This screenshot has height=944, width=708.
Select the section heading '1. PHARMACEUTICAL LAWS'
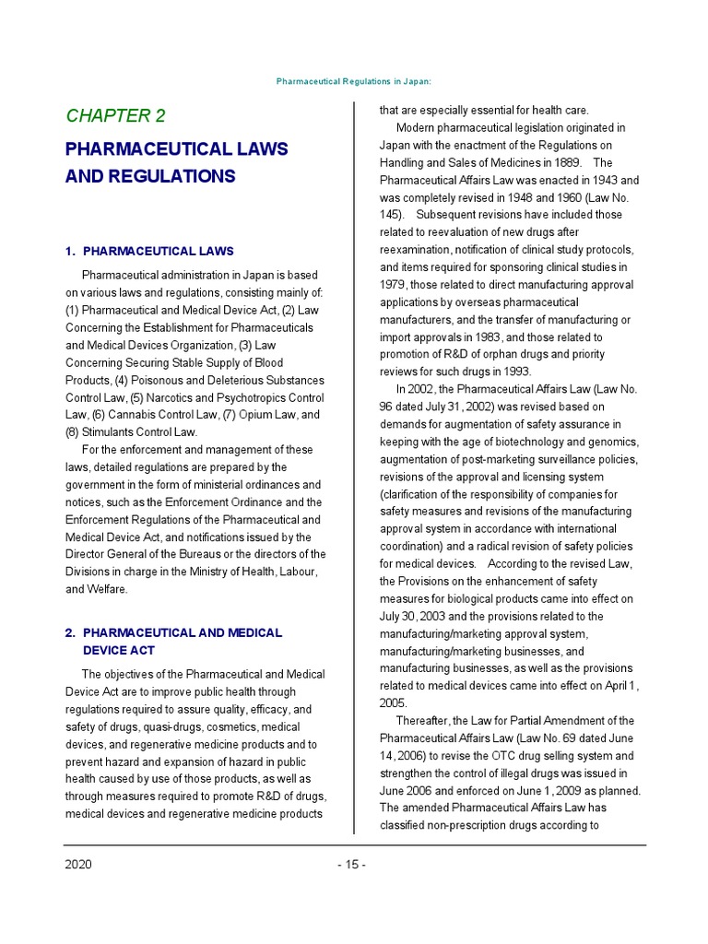click(149, 251)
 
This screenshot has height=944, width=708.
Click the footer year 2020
click(77, 865)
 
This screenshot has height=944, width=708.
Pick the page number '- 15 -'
click(351, 865)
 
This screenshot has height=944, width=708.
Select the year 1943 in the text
click(598, 180)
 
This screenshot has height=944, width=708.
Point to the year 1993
click(515, 372)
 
